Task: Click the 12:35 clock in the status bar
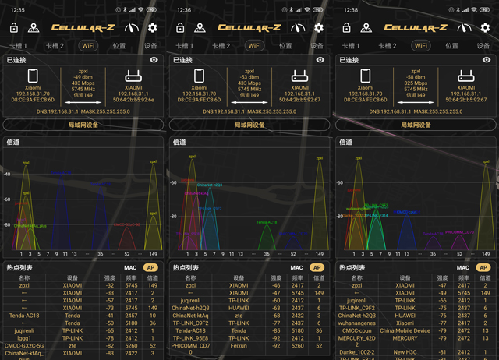click(x=18, y=10)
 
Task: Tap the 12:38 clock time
click(x=349, y=10)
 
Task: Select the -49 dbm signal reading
click(x=83, y=76)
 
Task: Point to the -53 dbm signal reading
click(x=249, y=76)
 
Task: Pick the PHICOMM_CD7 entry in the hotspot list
click(x=191, y=345)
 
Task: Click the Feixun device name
click(x=239, y=345)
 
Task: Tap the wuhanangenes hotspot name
click(x=357, y=323)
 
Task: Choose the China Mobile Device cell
click(x=405, y=330)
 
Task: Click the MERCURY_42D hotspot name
click(x=357, y=338)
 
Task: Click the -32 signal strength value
click(x=110, y=285)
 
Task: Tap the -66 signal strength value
click(x=443, y=300)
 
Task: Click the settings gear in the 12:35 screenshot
click(x=152, y=28)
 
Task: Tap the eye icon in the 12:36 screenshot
click(x=320, y=59)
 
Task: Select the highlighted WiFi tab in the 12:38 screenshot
click(x=421, y=45)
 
